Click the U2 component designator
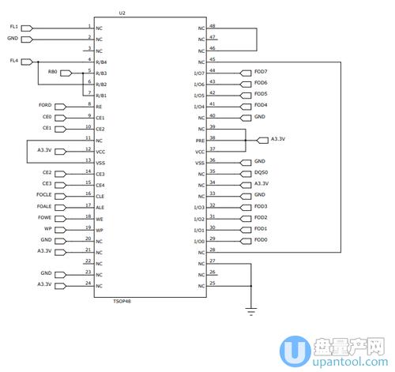coord(122,13)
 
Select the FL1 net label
coord(13,27)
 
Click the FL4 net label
coord(13,60)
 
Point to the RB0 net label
coord(52,72)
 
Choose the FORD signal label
coord(45,105)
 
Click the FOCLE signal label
coord(44,194)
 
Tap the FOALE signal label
coord(44,205)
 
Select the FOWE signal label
coord(45,216)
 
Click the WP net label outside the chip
coord(48,227)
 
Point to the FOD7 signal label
coord(261,72)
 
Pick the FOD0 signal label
coord(261,239)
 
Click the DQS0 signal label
coord(261,172)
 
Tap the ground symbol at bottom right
coord(251,310)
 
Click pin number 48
coord(213,25)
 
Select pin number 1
coord(89,25)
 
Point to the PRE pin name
coord(200,140)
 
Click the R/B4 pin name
coord(101,62)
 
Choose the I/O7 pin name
coord(199,73)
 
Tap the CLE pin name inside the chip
coord(100,196)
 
